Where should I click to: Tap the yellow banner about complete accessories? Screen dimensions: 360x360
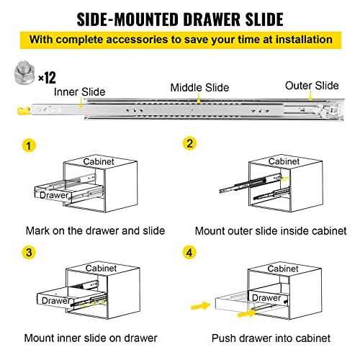tap(180, 40)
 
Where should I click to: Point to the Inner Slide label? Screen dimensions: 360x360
tap(80, 91)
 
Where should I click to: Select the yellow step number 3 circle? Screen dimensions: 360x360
tap(29, 253)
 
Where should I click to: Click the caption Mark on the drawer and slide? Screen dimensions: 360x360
tap(95, 231)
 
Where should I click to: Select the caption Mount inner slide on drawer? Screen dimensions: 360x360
tap(92, 337)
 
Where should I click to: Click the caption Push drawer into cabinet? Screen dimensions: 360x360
tap(271, 337)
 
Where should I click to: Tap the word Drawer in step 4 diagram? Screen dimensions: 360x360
tap(266, 297)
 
